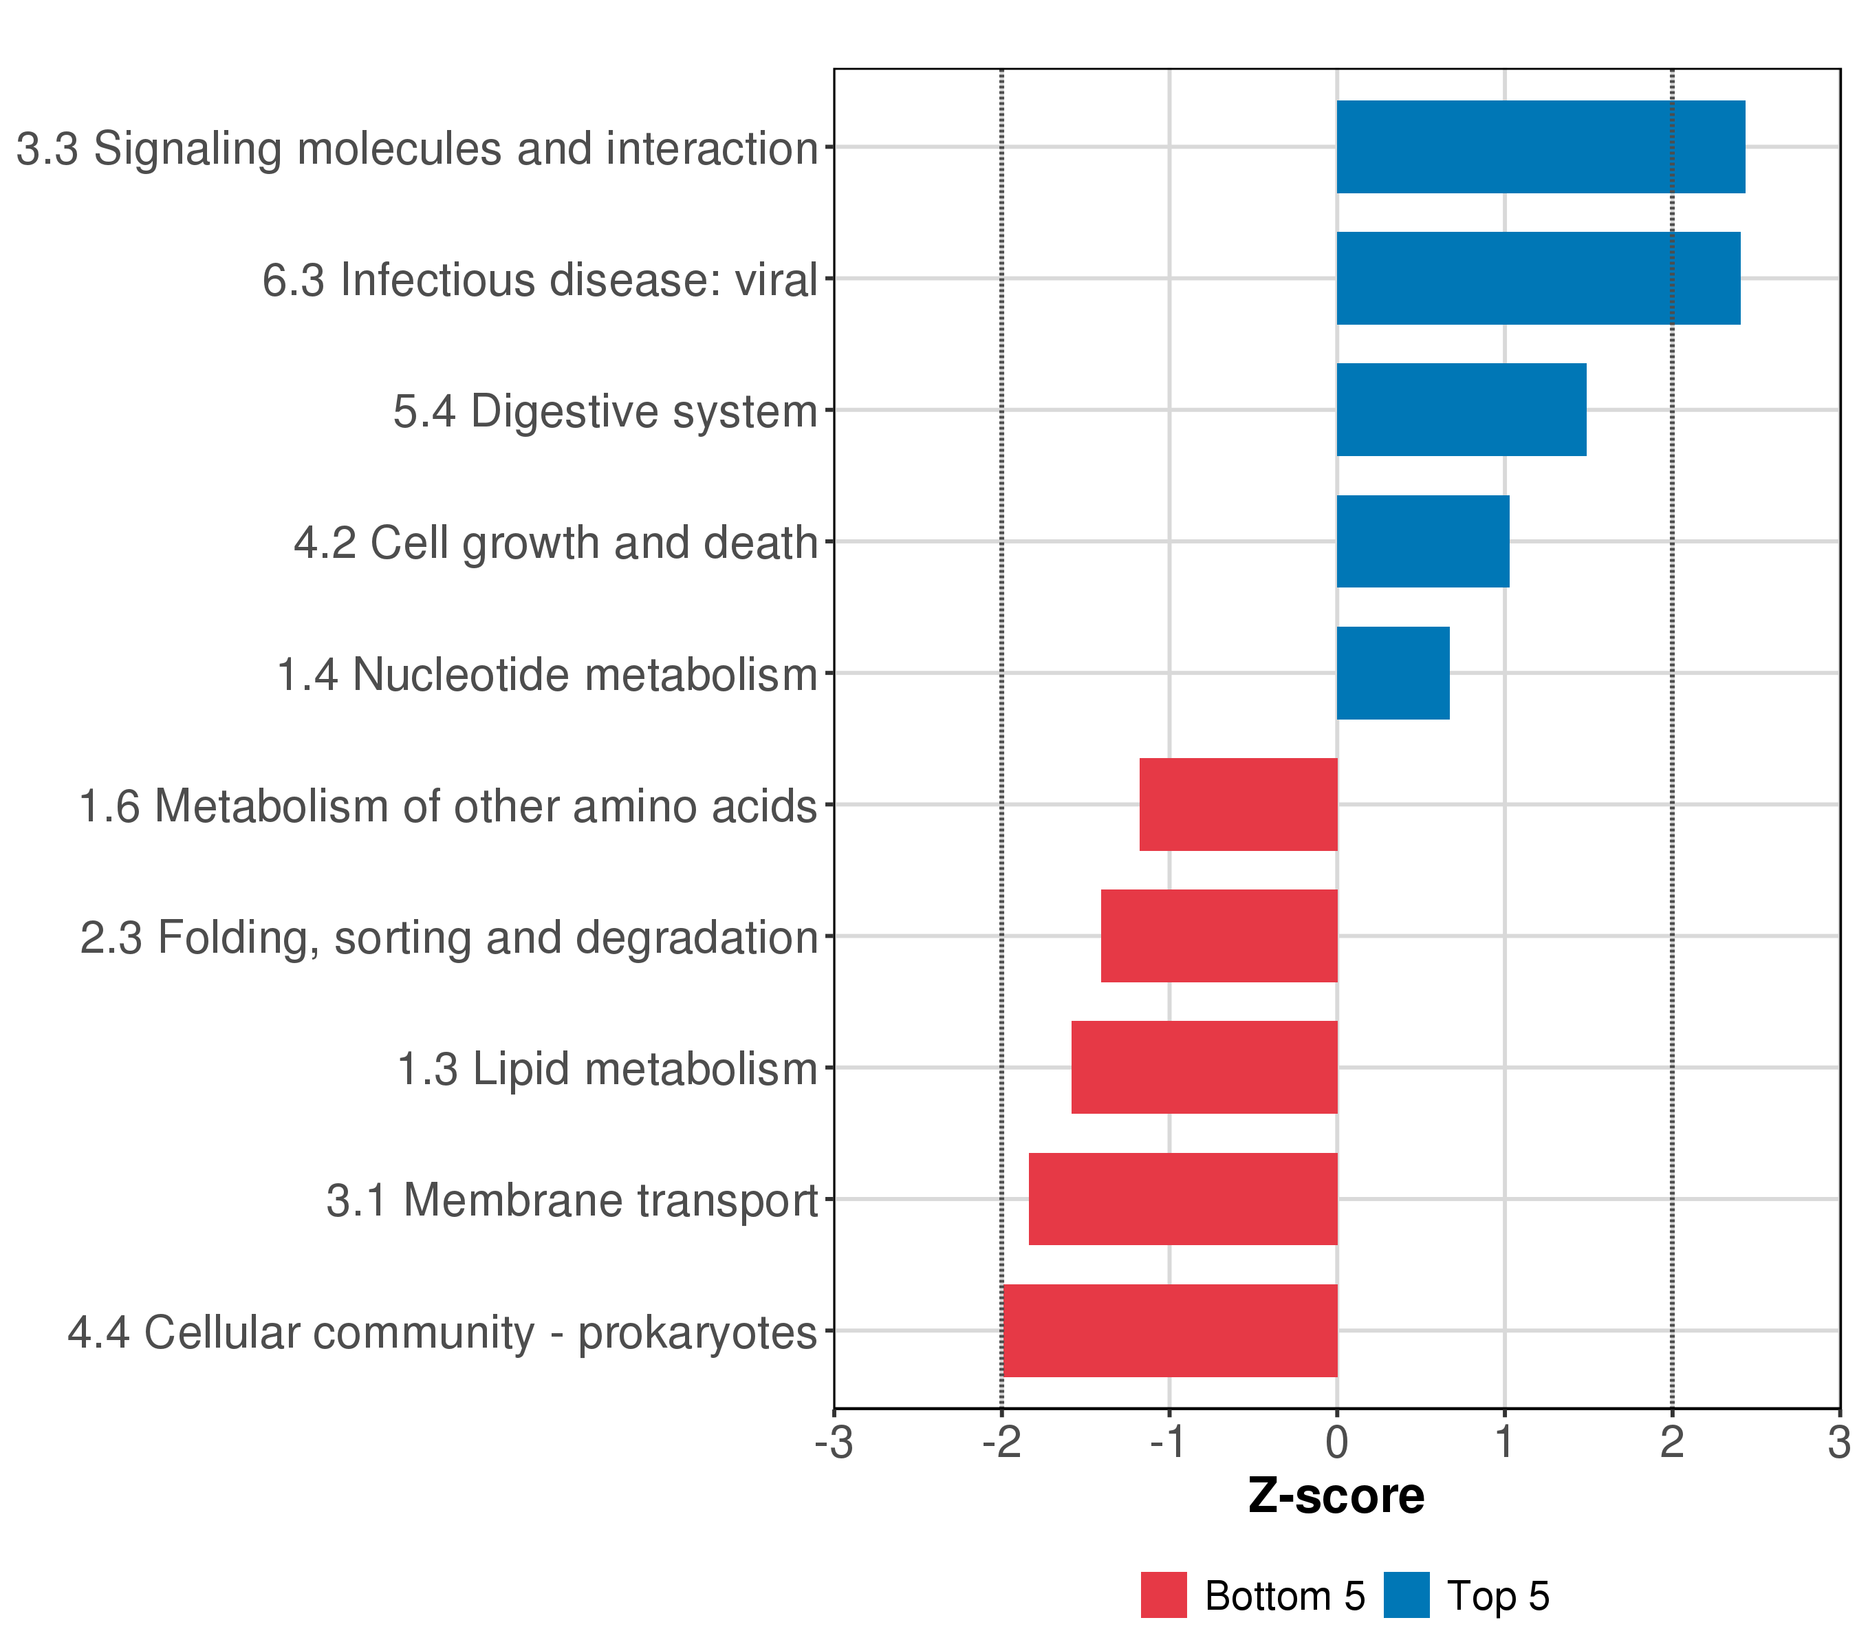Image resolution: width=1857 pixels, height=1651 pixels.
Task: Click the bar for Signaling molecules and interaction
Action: (1540, 147)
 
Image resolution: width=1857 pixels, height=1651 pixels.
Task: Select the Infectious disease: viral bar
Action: (1537, 278)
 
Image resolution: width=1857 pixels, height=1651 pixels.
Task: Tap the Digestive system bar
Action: (1461, 410)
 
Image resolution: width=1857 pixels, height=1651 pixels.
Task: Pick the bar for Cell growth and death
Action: (1423, 541)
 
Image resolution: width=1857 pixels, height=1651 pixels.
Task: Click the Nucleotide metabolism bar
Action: (1393, 673)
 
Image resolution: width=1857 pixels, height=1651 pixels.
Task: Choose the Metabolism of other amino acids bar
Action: (1238, 804)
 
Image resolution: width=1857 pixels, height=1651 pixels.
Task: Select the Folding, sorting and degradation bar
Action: (1219, 936)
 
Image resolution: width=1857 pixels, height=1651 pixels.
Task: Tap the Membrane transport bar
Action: (1183, 1200)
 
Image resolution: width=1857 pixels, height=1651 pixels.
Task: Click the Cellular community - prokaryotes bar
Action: (1170, 1330)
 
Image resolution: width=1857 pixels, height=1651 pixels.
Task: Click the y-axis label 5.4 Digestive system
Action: (605, 411)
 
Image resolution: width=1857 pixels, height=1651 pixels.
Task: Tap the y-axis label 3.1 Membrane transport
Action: (572, 1200)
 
